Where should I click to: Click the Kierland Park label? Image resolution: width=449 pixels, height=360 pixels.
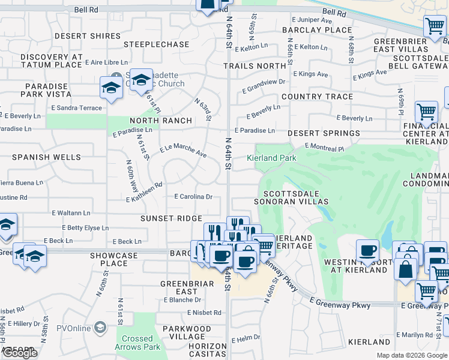point(272,158)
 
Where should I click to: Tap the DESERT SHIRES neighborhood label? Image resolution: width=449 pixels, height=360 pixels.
point(88,36)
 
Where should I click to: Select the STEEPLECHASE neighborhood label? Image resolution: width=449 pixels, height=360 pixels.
point(156,44)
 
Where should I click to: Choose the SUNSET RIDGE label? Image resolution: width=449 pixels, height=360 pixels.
point(171,219)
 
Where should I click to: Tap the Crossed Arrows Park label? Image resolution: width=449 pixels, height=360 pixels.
point(137,343)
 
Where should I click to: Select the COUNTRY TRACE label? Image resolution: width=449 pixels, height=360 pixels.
point(317,97)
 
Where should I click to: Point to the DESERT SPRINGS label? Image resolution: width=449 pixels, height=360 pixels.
point(324,133)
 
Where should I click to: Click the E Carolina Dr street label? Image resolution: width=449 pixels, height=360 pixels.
point(194,197)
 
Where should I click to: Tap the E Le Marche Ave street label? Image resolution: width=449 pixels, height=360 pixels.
point(182,151)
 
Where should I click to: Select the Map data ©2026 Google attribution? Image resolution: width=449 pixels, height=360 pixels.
point(412,355)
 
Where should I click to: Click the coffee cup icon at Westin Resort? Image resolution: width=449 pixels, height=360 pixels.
point(367,250)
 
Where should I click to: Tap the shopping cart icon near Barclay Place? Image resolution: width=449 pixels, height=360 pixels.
point(435,26)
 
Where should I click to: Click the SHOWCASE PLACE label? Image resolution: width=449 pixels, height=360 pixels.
point(114,259)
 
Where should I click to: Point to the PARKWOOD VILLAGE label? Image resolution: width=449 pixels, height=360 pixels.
point(187,333)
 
